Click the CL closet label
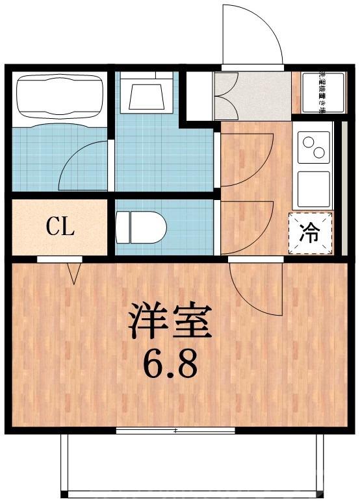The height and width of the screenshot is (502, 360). click(x=60, y=227)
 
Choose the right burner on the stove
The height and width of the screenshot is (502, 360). click(x=318, y=153)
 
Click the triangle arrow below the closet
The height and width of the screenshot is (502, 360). click(x=73, y=273)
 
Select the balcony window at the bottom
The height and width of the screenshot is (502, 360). click(x=175, y=430)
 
